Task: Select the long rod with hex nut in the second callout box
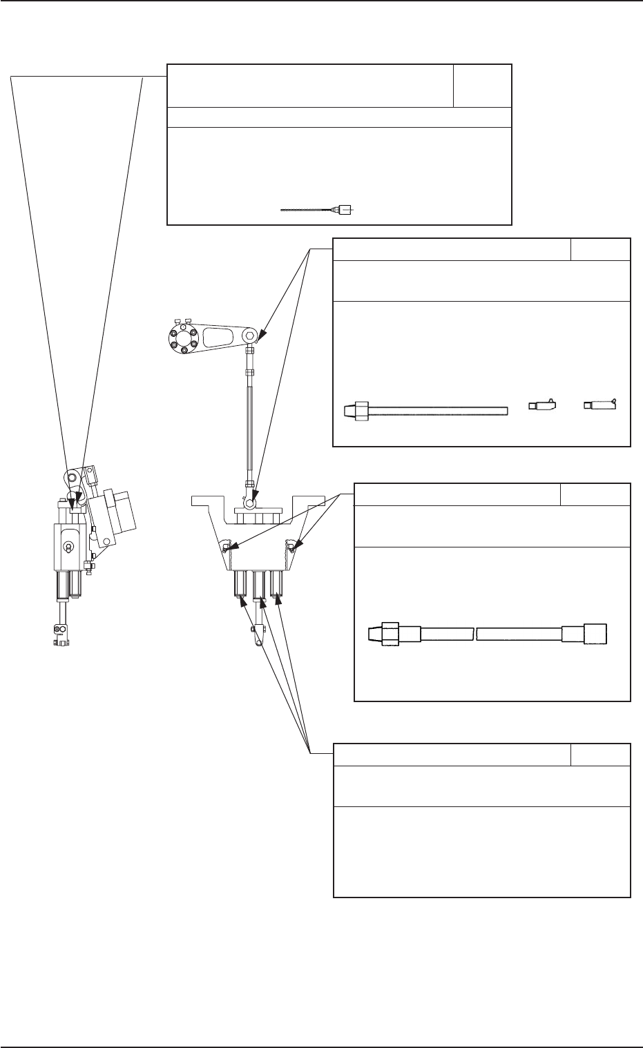[425, 411]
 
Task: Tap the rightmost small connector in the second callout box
[599, 405]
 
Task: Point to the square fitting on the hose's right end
[595, 634]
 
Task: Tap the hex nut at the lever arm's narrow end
[249, 338]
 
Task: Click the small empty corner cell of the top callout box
[482, 85]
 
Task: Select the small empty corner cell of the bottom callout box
[600, 754]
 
